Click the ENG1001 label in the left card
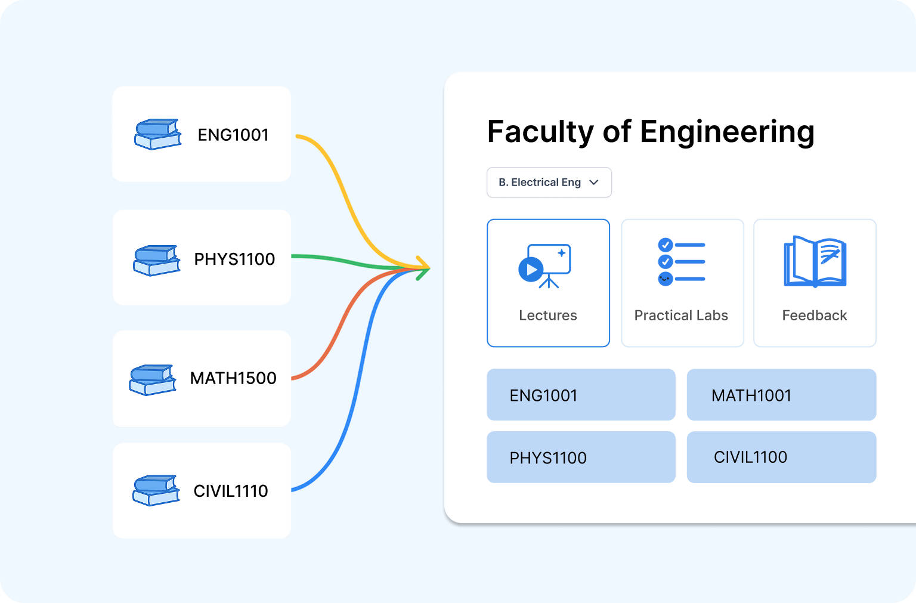(233, 135)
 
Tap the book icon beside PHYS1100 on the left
(156, 260)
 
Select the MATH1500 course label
(233, 378)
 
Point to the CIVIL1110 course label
(231, 491)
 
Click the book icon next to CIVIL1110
(156, 490)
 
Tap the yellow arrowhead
(424, 264)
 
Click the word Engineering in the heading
(727, 132)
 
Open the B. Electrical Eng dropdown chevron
(594, 183)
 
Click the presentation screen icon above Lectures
(545, 266)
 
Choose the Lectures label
(548, 316)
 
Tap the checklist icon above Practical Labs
(682, 262)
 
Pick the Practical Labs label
(681, 316)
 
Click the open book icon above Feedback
(815, 262)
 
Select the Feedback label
(815, 316)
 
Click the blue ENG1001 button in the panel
(581, 395)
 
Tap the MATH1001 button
(781, 395)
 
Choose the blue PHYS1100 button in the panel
(581, 457)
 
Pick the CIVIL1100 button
(781, 457)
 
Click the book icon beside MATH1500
(153, 379)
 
